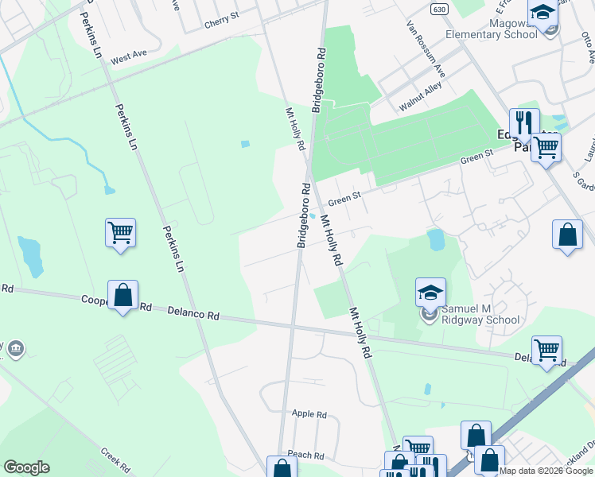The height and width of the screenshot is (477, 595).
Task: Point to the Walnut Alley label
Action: [x=421, y=99]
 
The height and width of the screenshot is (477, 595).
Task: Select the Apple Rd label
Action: [x=309, y=414]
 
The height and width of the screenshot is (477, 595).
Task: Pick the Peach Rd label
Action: [x=306, y=456]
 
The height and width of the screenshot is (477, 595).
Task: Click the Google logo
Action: [x=26, y=467]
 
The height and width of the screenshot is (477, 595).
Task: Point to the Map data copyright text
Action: [x=546, y=471]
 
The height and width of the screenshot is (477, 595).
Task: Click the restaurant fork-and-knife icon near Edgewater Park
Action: [x=524, y=122]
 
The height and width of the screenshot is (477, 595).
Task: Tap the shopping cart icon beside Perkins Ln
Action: [x=120, y=232]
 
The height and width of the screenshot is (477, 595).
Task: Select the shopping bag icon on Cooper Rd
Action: [x=123, y=295]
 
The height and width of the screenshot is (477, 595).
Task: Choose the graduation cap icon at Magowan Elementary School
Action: [x=543, y=14]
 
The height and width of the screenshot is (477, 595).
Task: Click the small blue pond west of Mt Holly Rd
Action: [x=244, y=144]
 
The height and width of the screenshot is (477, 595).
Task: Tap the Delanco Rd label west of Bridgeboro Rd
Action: [x=193, y=315]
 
